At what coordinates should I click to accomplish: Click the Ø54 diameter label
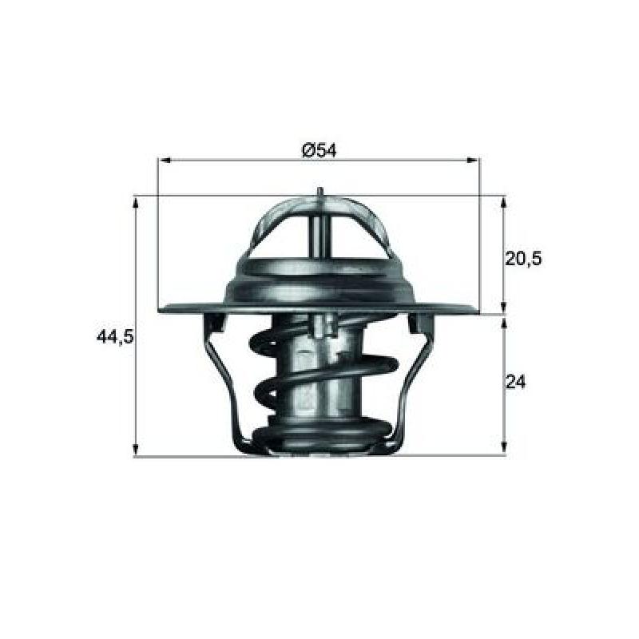click(x=319, y=150)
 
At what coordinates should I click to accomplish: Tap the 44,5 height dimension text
click(x=114, y=336)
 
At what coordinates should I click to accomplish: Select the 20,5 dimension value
click(x=523, y=258)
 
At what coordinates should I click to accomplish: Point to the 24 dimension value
click(x=515, y=382)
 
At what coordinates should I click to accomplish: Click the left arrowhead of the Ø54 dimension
click(x=164, y=161)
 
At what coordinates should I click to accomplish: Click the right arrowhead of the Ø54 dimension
click(x=474, y=161)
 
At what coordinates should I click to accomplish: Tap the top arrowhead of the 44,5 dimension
click(x=136, y=203)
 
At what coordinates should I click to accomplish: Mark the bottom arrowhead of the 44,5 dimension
click(x=136, y=449)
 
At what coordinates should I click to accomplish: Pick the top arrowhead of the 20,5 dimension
click(x=504, y=203)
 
